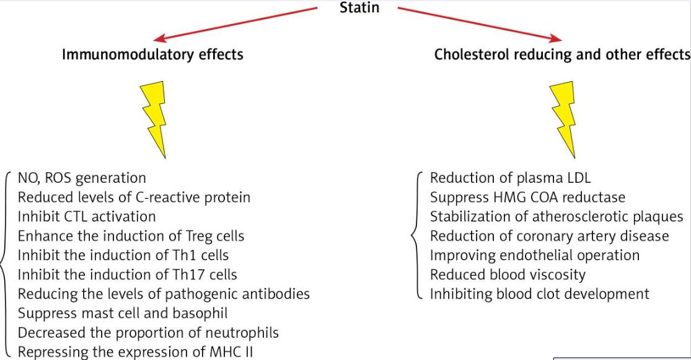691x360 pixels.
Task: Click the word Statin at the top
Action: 359,9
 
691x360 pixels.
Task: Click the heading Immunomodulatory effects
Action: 152,55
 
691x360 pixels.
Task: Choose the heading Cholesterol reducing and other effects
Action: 562,55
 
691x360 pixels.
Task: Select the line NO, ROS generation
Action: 82,178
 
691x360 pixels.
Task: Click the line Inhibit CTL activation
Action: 86,216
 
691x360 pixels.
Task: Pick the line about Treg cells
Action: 131,235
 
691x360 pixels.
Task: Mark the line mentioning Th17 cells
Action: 127,273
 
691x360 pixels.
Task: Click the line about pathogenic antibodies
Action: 164,292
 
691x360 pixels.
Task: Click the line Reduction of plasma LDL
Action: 510,178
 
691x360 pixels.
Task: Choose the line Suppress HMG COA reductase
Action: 527,198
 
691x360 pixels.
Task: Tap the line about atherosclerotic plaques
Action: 557,217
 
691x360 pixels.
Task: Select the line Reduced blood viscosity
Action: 508,274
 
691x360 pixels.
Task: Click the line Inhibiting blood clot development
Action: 539,293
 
